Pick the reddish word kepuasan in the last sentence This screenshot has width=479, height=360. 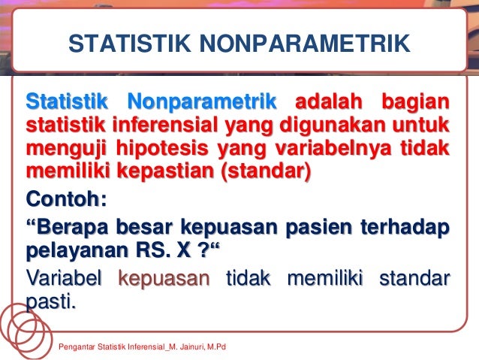tap(166, 280)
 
